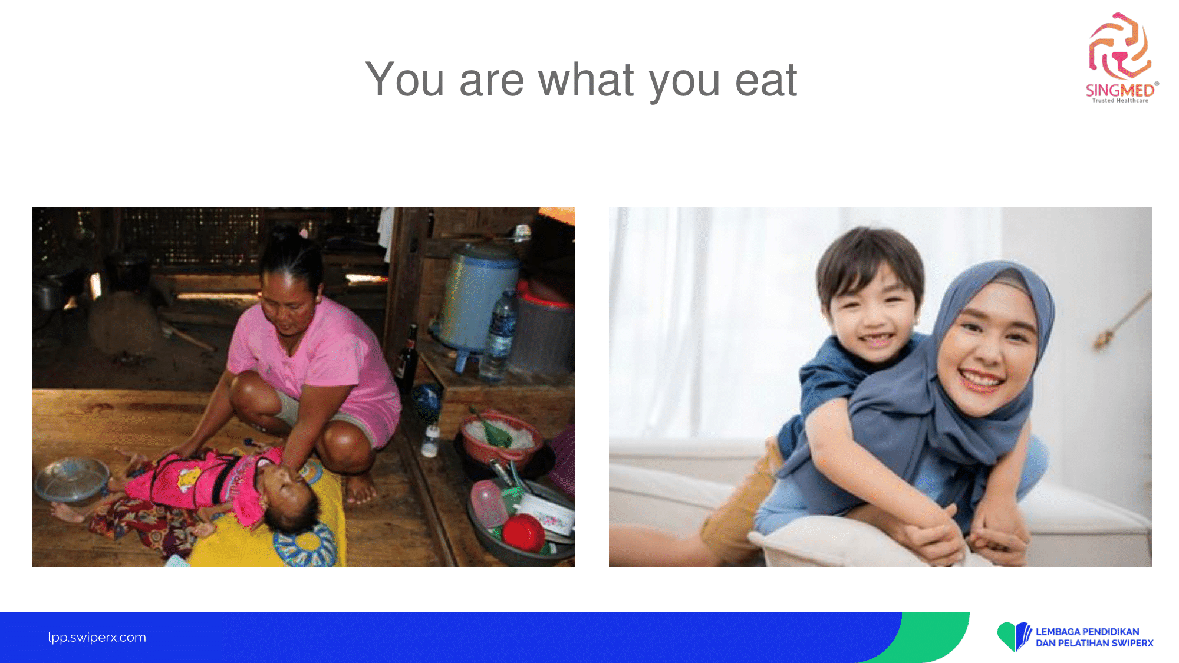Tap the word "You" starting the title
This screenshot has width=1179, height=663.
404,79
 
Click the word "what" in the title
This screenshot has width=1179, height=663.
586,79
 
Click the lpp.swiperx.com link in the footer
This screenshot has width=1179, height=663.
97,637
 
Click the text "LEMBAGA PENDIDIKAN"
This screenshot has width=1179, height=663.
1087,632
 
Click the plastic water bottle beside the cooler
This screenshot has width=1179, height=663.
500,336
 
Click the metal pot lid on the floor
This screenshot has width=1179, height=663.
71,478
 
